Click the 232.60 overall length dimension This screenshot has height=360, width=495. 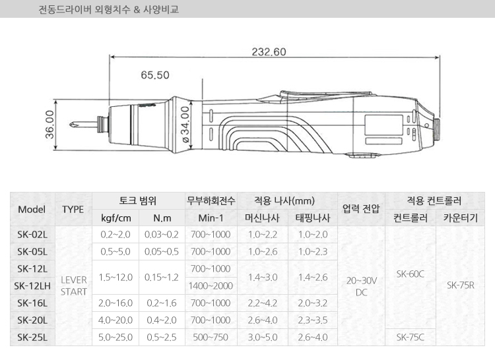click(x=269, y=51)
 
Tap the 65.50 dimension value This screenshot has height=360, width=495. click(x=155, y=75)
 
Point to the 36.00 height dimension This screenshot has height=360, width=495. click(x=49, y=124)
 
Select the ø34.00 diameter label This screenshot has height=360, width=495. click(x=185, y=124)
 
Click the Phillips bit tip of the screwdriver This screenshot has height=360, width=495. click(x=71, y=125)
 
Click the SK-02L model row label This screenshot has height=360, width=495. click(x=32, y=235)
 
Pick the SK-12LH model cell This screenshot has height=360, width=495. click(x=32, y=286)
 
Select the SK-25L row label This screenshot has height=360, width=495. click(x=32, y=338)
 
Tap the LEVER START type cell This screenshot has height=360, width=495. click(x=73, y=286)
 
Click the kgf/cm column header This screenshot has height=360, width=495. click(x=116, y=218)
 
